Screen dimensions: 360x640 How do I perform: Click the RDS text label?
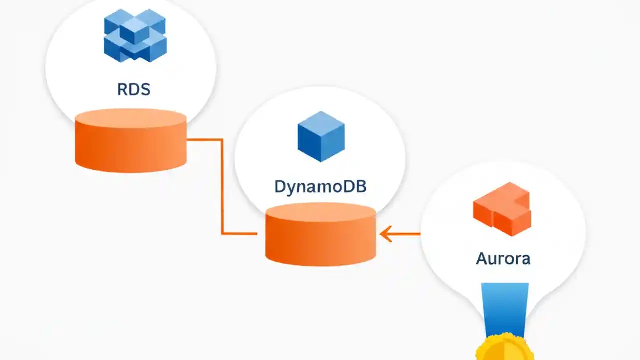point(134,90)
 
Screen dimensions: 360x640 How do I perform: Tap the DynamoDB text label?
point(320,187)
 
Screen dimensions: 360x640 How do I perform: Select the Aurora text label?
point(503,259)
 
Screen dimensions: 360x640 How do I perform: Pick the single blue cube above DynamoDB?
point(321,136)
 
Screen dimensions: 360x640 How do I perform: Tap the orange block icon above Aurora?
point(502,209)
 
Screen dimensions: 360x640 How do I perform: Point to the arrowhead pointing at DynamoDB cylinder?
point(385,234)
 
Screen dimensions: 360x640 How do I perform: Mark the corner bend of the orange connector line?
point(222,140)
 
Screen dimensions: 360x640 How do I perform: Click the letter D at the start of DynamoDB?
point(280,187)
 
